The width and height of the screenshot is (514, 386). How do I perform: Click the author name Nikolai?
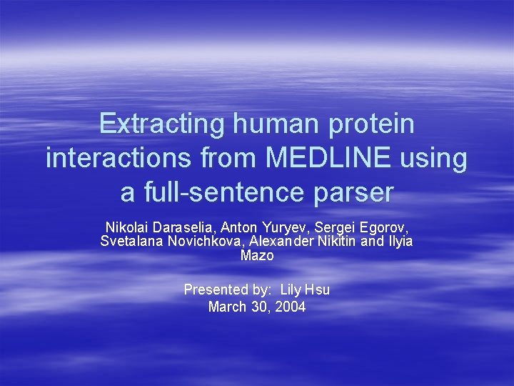click(126, 227)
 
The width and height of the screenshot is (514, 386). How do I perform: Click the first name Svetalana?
click(132, 241)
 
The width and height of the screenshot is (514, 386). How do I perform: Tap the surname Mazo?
click(256, 255)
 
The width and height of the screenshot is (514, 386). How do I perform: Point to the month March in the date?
click(225, 307)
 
